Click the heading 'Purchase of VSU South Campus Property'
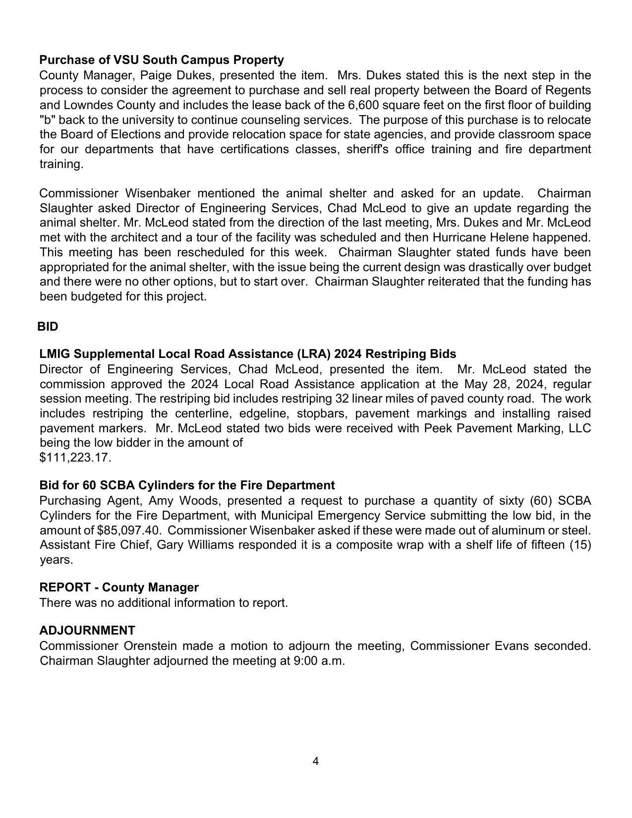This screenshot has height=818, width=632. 162,60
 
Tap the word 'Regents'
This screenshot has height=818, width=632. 568,90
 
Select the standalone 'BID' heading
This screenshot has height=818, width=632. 48,327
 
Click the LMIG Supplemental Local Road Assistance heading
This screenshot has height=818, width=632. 247,354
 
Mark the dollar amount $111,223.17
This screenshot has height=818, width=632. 75,458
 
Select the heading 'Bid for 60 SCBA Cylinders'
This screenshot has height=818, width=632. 187,485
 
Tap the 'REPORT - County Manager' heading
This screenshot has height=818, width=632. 119,587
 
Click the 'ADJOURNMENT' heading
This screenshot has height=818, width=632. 87,631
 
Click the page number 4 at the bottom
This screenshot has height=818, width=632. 316,761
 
